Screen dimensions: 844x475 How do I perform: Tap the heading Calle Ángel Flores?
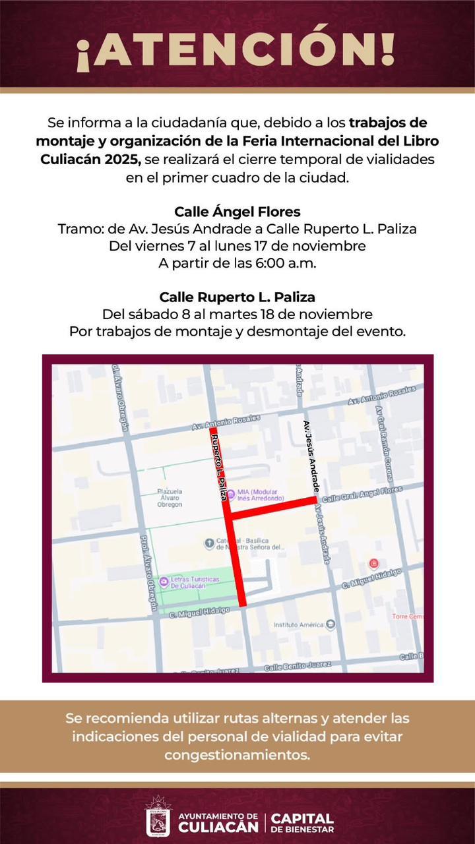[x=237, y=212]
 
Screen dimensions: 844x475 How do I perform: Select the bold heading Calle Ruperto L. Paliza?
[x=237, y=297]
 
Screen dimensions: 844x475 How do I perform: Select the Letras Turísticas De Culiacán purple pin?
[x=163, y=581]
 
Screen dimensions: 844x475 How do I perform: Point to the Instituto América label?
[x=298, y=624]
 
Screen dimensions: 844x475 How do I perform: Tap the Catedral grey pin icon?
[x=209, y=543]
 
